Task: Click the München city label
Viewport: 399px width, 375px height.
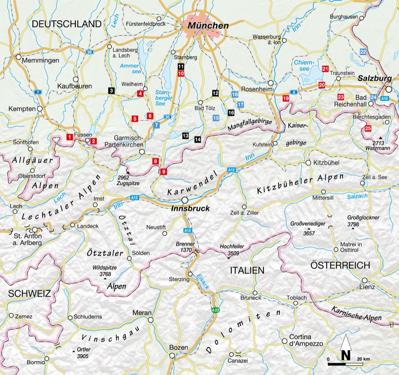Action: pyautogui.click(x=208, y=26)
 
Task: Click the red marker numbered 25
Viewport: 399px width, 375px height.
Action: pyautogui.click(x=368, y=129)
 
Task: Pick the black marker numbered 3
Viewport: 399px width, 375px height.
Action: pyautogui.click(x=112, y=90)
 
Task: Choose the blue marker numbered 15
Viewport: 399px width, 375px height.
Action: pyautogui.click(x=216, y=118)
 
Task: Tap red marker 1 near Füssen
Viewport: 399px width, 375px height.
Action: pyautogui.click(x=69, y=137)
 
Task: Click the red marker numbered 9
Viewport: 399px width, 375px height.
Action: pyautogui.click(x=164, y=171)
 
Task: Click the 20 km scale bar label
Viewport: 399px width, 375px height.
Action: pyautogui.click(x=363, y=359)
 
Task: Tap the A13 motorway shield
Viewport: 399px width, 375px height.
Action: pyautogui.click(x=188, y=230)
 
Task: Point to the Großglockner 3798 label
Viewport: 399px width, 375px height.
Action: pyautogui.click(x=363, y=221)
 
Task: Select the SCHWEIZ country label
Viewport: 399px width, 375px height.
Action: pyautogui.click(x=25, y=293)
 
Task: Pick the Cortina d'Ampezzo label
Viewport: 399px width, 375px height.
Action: pyautogui.click(x=306, y=340)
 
